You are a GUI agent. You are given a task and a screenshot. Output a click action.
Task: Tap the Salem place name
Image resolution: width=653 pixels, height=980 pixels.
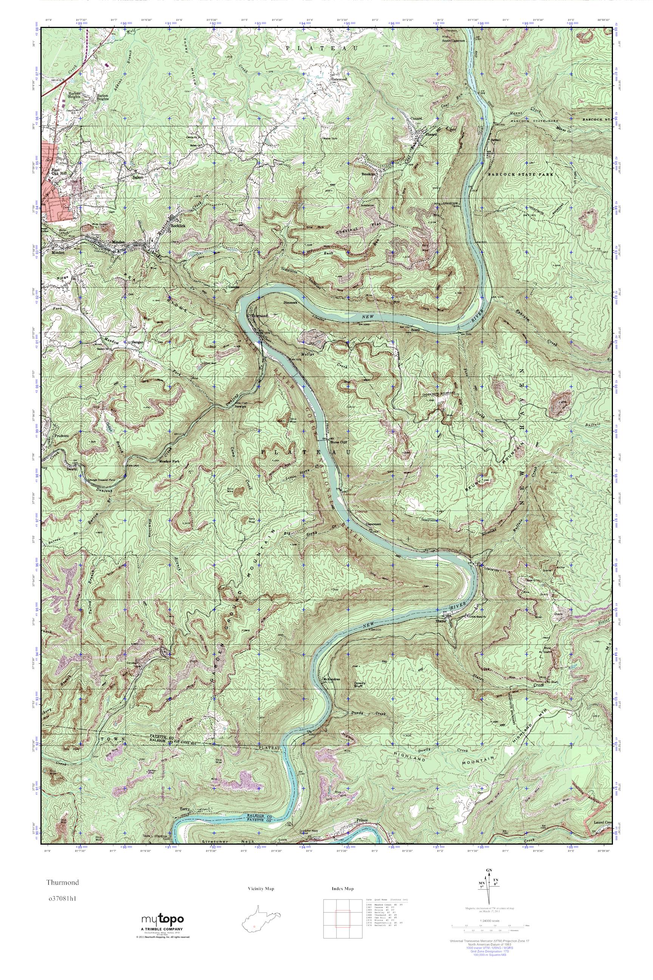coord(138,177)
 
